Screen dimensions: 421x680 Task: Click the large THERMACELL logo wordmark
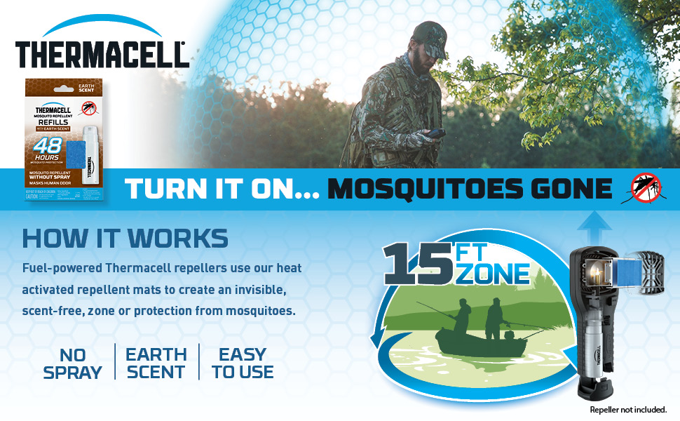click(x=101, y=53)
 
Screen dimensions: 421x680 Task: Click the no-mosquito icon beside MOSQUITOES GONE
click(x=646, y=187)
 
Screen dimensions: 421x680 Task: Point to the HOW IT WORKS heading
click(x=125, y=239)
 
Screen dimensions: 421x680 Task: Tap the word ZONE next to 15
click(x=492, y=273)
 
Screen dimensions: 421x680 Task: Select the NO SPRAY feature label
click(x=72, y=363)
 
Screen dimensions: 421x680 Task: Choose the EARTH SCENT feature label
click(x=156, y=363)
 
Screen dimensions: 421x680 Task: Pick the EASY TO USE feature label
click(x=243, y=363)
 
